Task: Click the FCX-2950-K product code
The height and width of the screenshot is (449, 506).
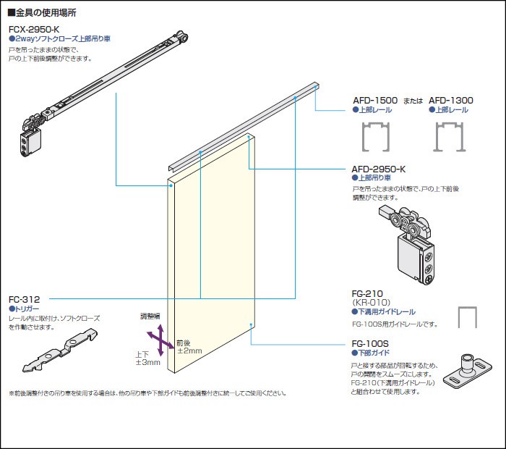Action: click(34, 29)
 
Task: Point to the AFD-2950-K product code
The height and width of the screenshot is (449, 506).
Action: click(378, 169)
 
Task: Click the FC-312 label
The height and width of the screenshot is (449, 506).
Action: click(24, 298)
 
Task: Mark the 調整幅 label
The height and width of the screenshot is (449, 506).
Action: click(150, 316)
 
